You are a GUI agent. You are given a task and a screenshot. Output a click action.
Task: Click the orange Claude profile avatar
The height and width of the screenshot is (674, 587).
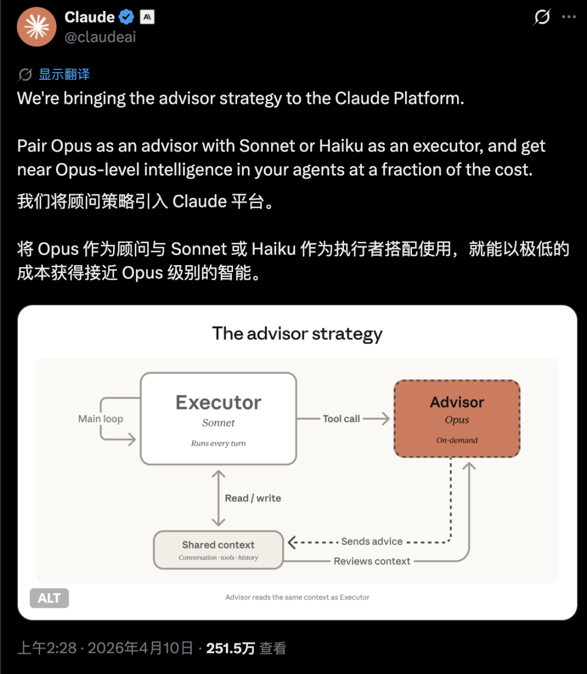[36, 27]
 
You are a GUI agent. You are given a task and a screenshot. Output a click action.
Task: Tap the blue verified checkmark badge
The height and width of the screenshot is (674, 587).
[127, 17]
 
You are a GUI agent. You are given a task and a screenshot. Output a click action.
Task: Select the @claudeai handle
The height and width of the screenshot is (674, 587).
[100, 37]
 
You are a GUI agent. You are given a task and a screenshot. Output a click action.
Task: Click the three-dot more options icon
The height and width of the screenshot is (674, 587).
[569, 17]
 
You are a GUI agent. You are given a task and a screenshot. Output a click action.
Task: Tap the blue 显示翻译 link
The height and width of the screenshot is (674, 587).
[64, 74]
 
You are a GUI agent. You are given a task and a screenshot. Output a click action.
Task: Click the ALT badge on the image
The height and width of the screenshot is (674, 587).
[49, 598]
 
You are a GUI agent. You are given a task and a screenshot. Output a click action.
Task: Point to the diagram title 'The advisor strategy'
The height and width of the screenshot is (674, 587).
[297, 334]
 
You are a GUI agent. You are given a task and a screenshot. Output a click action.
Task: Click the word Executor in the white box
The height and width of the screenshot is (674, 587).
[218, 402]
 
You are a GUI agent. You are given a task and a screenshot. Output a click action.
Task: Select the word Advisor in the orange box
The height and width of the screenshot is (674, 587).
[457, 402]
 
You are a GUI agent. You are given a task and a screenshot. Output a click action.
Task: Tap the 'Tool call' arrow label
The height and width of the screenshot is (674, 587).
[341, 419]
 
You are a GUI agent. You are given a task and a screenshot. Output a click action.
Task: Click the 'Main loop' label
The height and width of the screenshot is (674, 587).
[101, 419]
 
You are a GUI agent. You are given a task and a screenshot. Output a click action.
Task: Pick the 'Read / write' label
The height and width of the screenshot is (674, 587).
[253, 498]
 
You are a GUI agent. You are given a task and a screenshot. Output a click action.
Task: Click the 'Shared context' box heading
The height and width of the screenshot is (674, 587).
[218, 545]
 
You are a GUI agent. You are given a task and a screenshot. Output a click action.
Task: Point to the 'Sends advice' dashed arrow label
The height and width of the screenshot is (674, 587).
[372, 541]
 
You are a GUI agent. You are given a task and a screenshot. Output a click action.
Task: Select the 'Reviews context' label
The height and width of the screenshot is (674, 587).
[372, 561]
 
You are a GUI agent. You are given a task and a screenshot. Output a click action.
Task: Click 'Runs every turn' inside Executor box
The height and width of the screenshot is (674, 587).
[218, 443]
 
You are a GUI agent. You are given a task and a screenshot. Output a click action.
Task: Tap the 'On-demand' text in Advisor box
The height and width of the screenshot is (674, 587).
[457, 440]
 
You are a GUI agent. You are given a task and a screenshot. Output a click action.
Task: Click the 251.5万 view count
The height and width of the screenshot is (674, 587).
[230, 648]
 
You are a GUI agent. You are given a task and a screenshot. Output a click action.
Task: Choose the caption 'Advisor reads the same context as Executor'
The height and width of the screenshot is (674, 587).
[297, 597]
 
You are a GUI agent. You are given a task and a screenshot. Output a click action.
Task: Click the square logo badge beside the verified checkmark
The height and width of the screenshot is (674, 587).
[147, 17]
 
